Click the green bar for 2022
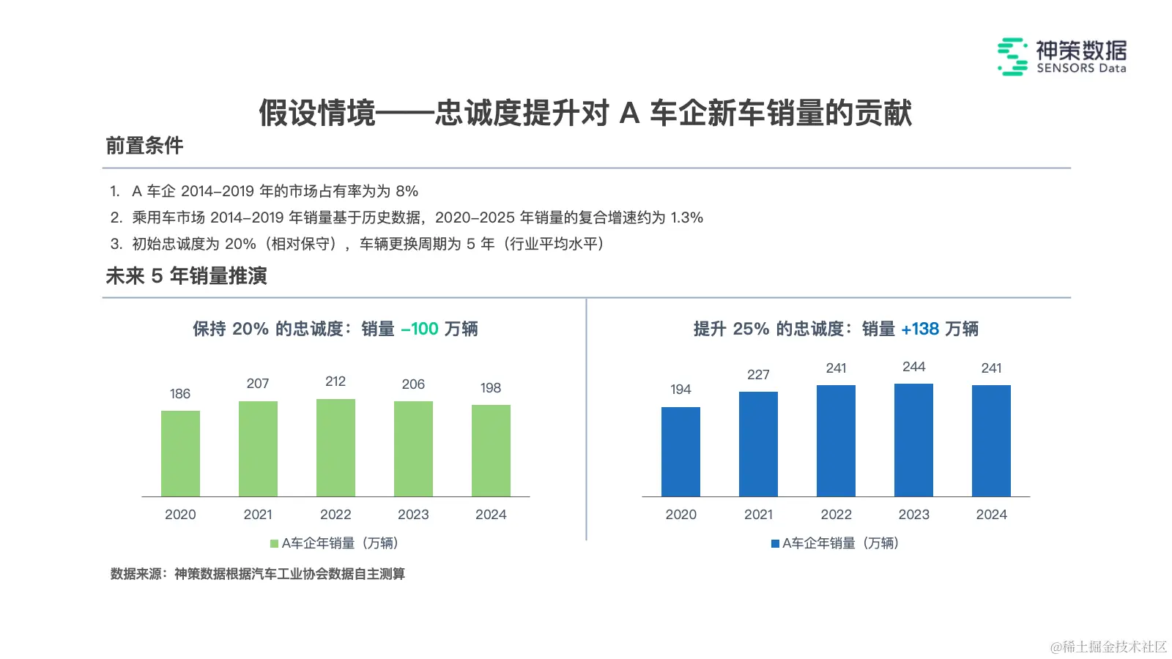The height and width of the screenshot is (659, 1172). (335, 447)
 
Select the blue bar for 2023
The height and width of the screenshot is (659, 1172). (913, 440)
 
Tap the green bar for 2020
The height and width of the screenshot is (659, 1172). (180, 453)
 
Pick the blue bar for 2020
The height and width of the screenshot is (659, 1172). (680, 452)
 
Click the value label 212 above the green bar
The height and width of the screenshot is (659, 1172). (335, 381)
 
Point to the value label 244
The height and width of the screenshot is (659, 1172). (913, 367)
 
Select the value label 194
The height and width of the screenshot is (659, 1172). (680, 390)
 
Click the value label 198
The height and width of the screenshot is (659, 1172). (491, 388)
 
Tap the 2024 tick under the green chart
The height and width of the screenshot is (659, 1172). (491, 515)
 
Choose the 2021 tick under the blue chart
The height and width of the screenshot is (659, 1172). (758, 515)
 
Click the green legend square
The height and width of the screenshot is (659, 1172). (275, 543)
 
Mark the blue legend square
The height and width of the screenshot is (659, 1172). (775, 543)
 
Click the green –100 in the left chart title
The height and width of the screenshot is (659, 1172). (420, 329)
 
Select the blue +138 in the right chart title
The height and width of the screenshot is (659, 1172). (920, 329)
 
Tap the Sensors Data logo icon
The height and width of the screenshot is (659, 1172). (1012, 56)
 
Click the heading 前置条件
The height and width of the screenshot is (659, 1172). (144, 146)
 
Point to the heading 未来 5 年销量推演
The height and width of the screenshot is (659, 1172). (186, 276)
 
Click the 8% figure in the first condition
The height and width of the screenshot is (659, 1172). (407, 192)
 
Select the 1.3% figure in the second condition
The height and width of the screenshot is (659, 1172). (686, 218)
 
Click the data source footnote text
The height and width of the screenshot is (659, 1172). (257, 574)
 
